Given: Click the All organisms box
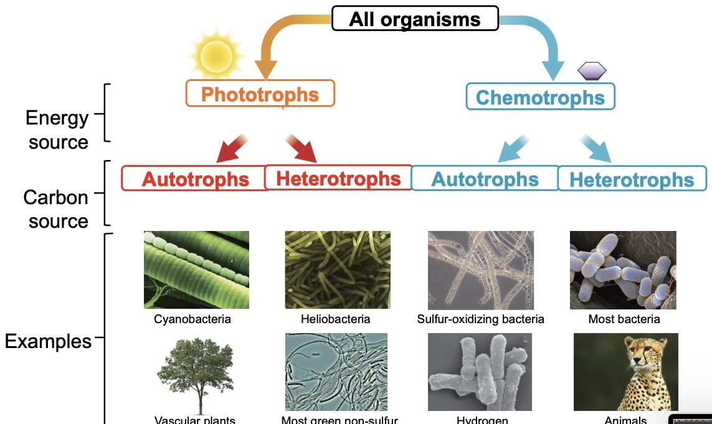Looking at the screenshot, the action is click(415, 19).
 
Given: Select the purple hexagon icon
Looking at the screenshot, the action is click(592, 71).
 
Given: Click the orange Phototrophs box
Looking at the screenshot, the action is click(260, 94).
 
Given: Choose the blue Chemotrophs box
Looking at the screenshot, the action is click(540, 97).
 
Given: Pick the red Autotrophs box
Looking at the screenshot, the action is click(195, 179).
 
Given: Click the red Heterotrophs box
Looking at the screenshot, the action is click(338, 178).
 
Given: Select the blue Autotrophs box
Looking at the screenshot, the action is click(485, 179).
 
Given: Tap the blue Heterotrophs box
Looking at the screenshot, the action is click(632, 179).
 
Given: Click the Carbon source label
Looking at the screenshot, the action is click(57, 209).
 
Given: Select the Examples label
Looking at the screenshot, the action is click(48, 341).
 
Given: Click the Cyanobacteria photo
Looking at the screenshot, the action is click(196, 270).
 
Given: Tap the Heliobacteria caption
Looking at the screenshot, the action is click(335, 319).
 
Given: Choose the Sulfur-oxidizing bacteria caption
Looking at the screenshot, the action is click(480, 319).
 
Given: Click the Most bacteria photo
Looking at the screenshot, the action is click(623, 270).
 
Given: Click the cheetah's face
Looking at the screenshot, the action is click(640, 359).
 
